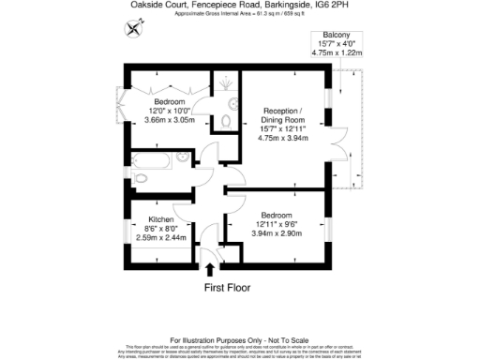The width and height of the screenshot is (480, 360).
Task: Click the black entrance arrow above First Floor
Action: pos(208,271)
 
